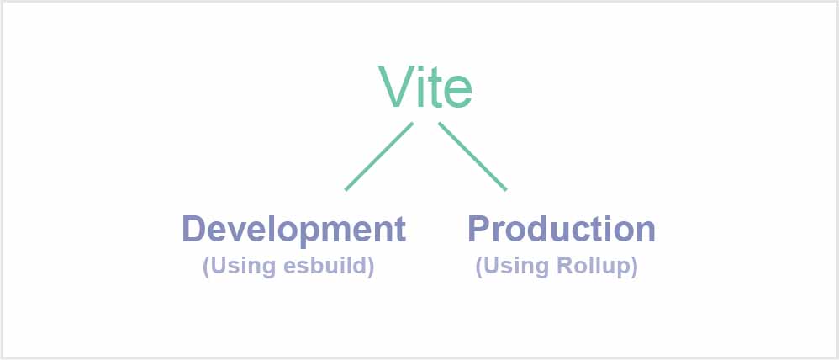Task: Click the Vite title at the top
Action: pos(425,87)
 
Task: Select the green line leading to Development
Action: pos(379,156)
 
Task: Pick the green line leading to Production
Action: pos(472,156)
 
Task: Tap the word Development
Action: pos(293,230)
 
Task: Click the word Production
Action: pos(562,229)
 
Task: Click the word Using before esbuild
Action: pos(244,267)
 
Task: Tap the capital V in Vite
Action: pos(395,87)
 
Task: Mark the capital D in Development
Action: pos(195,229)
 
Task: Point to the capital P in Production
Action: pos(480,229)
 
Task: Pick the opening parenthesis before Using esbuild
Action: pos(206,267)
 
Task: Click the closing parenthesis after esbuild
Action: pos(370,267)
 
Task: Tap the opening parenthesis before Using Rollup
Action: pos(479,267)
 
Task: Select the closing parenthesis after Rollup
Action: pos(634,267)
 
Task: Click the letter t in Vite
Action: pos(434,89)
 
